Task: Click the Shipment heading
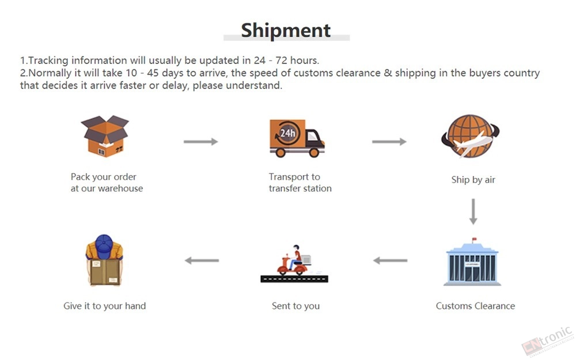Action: click(286, 31)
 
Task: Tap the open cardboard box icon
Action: click(105, 137)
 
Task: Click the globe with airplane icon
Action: click(470, 137)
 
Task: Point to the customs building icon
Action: click(472, 262)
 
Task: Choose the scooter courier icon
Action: click(294, 264)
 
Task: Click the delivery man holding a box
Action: click(104, 260)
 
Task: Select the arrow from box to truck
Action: click(201, 142)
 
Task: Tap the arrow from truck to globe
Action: click(389, 142)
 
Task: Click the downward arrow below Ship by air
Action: click(473, 211)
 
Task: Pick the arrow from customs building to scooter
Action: click(390, 260)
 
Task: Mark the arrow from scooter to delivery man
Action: click(202, 260)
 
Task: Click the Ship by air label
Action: click(473, 180)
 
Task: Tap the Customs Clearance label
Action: click(475, 306)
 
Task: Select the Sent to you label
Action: click(295, 306)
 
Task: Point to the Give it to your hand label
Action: click(105, 306)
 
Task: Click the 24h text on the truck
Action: click(287, 133)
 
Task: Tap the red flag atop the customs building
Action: click(474, 239)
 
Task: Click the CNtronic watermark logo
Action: click(547, 342)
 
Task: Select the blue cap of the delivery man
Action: click(104, 246)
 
